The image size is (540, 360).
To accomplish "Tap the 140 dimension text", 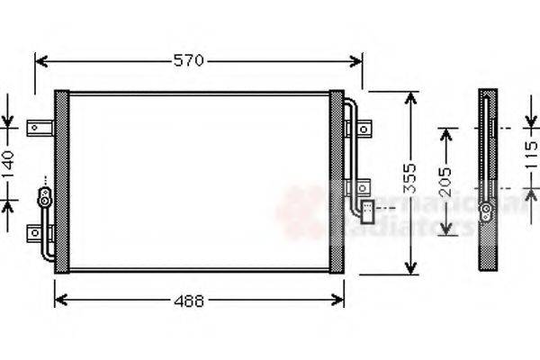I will pos(8,166).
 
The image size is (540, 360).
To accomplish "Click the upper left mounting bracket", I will pos(38,128).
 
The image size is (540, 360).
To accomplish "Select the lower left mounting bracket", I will pos(39,231).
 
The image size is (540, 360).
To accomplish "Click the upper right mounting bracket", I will pos(362,130).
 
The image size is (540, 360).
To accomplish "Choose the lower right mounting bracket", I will pos(360,188).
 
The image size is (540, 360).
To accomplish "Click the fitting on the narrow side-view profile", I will pos(486,212).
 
